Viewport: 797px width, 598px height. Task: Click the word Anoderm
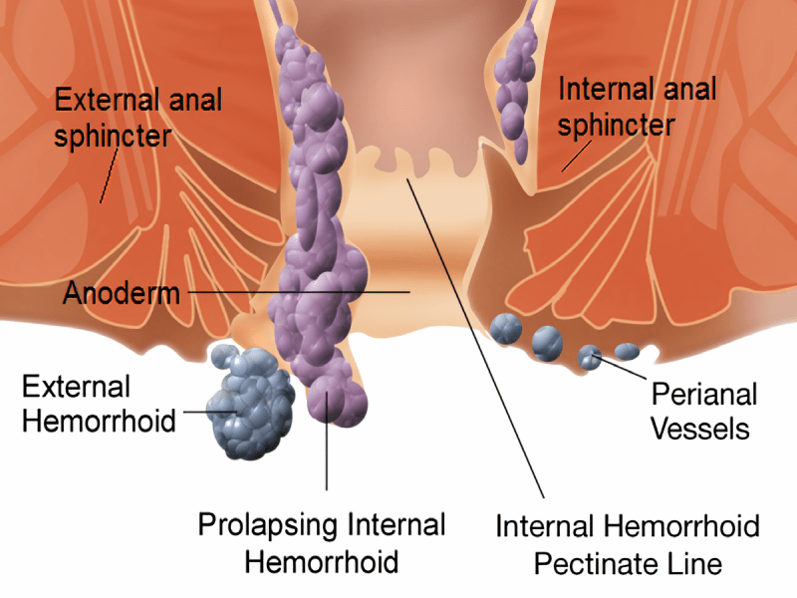(122, 293)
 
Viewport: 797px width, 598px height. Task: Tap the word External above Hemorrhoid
(77, 387)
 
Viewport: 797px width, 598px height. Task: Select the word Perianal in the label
(704, 395)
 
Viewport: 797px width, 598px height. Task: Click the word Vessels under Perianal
(700, 429)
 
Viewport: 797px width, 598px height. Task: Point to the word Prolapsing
(267, 526)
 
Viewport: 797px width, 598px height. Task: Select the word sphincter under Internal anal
(616, 126)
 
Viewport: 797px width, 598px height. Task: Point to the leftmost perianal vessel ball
(506, 329)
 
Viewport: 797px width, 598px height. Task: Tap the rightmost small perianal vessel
(627, 351)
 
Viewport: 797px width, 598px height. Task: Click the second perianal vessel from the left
(547, 343)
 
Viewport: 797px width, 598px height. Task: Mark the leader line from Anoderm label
(299, 292)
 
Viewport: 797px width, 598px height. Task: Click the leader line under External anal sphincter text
(109, 175)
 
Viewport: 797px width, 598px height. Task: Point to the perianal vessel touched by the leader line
(589, 357)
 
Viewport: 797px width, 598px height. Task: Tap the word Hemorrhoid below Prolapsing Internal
(321, 562)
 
